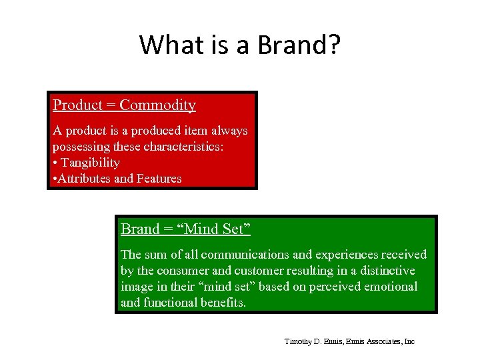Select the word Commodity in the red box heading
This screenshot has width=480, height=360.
coord(158,105)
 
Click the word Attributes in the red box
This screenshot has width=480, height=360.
coord(85,179)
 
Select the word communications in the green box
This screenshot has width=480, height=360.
coord(240,255)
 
